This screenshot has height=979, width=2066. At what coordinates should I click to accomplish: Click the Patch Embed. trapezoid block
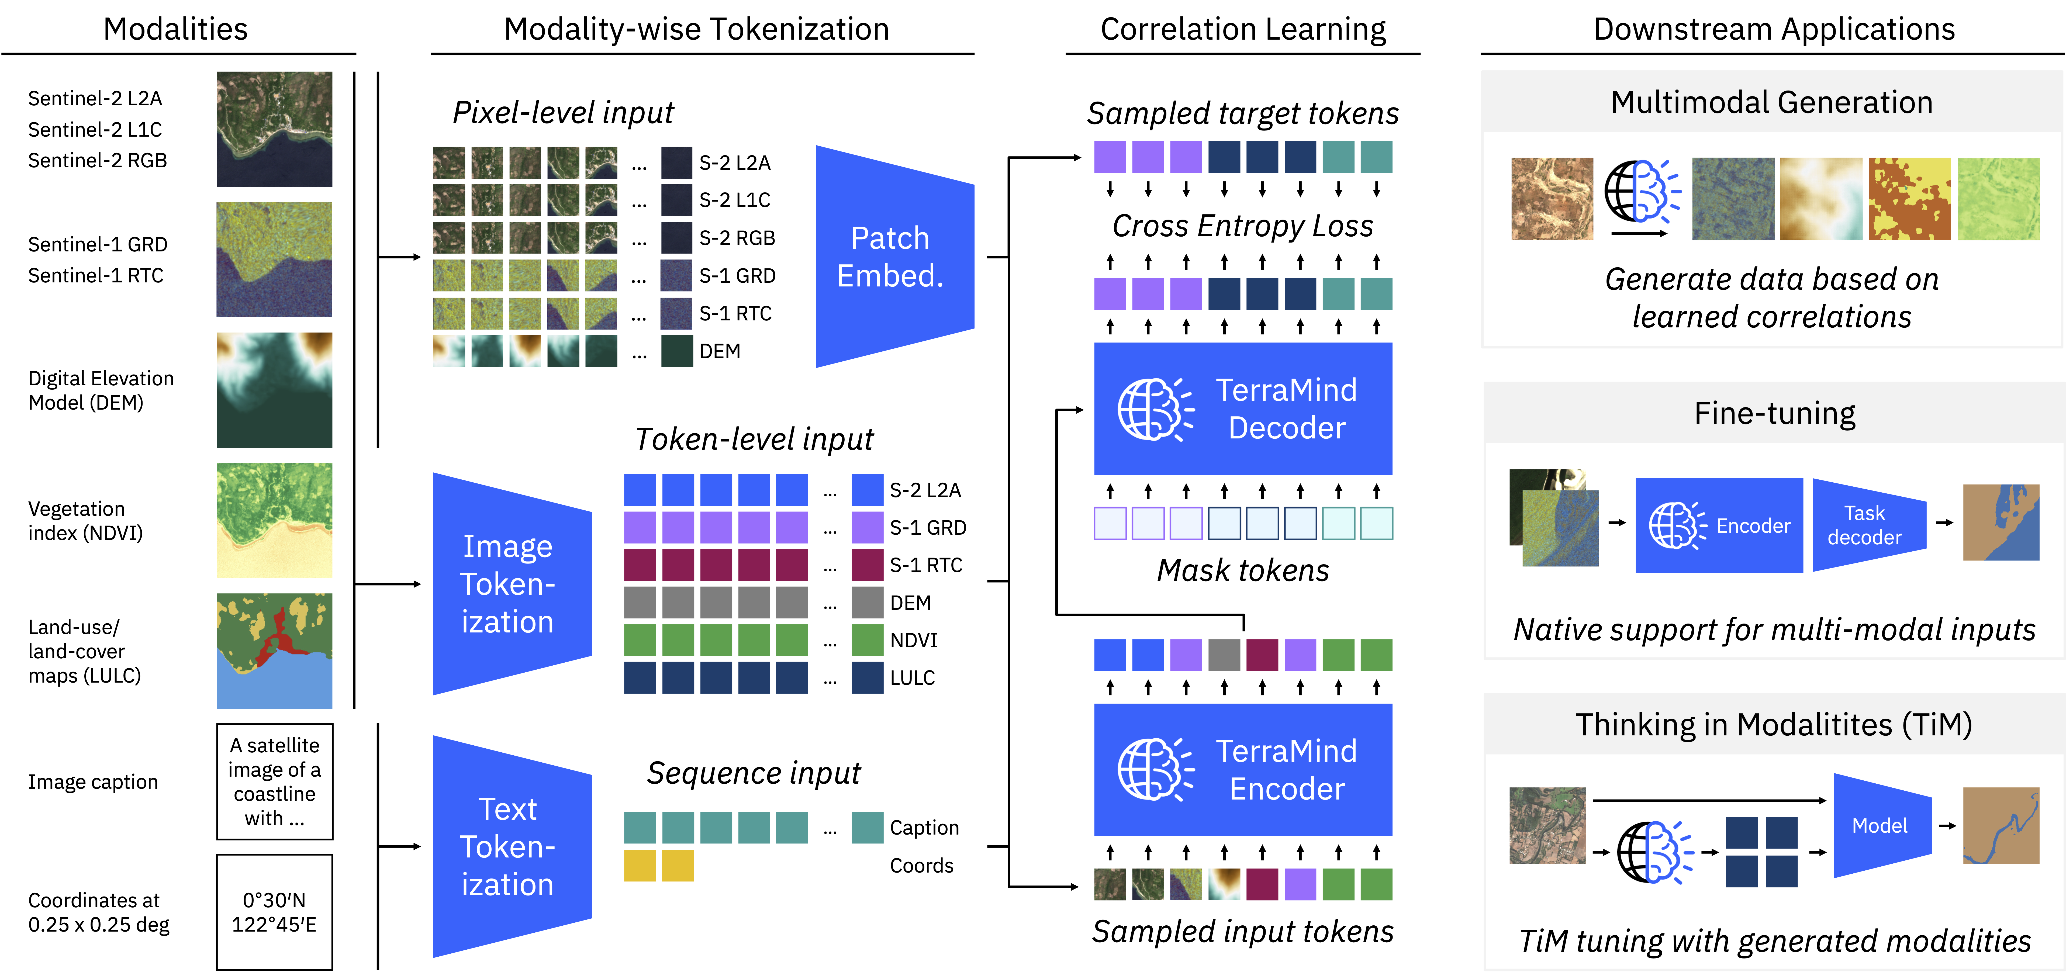click(894, 257)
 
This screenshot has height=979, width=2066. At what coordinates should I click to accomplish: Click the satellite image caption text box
click(274, 782)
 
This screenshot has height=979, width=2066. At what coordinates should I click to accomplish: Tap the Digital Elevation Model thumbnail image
click(274, 390)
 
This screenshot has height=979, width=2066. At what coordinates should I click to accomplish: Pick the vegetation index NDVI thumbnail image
click(274, 520)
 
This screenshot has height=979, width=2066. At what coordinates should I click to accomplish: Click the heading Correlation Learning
click(1243, 29)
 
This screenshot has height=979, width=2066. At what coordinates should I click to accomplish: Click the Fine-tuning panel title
click(1774, 413)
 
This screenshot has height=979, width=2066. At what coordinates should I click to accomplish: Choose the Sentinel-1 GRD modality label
click(98, 245)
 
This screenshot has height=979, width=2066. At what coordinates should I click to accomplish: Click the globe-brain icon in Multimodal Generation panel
click(1642, 192)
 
